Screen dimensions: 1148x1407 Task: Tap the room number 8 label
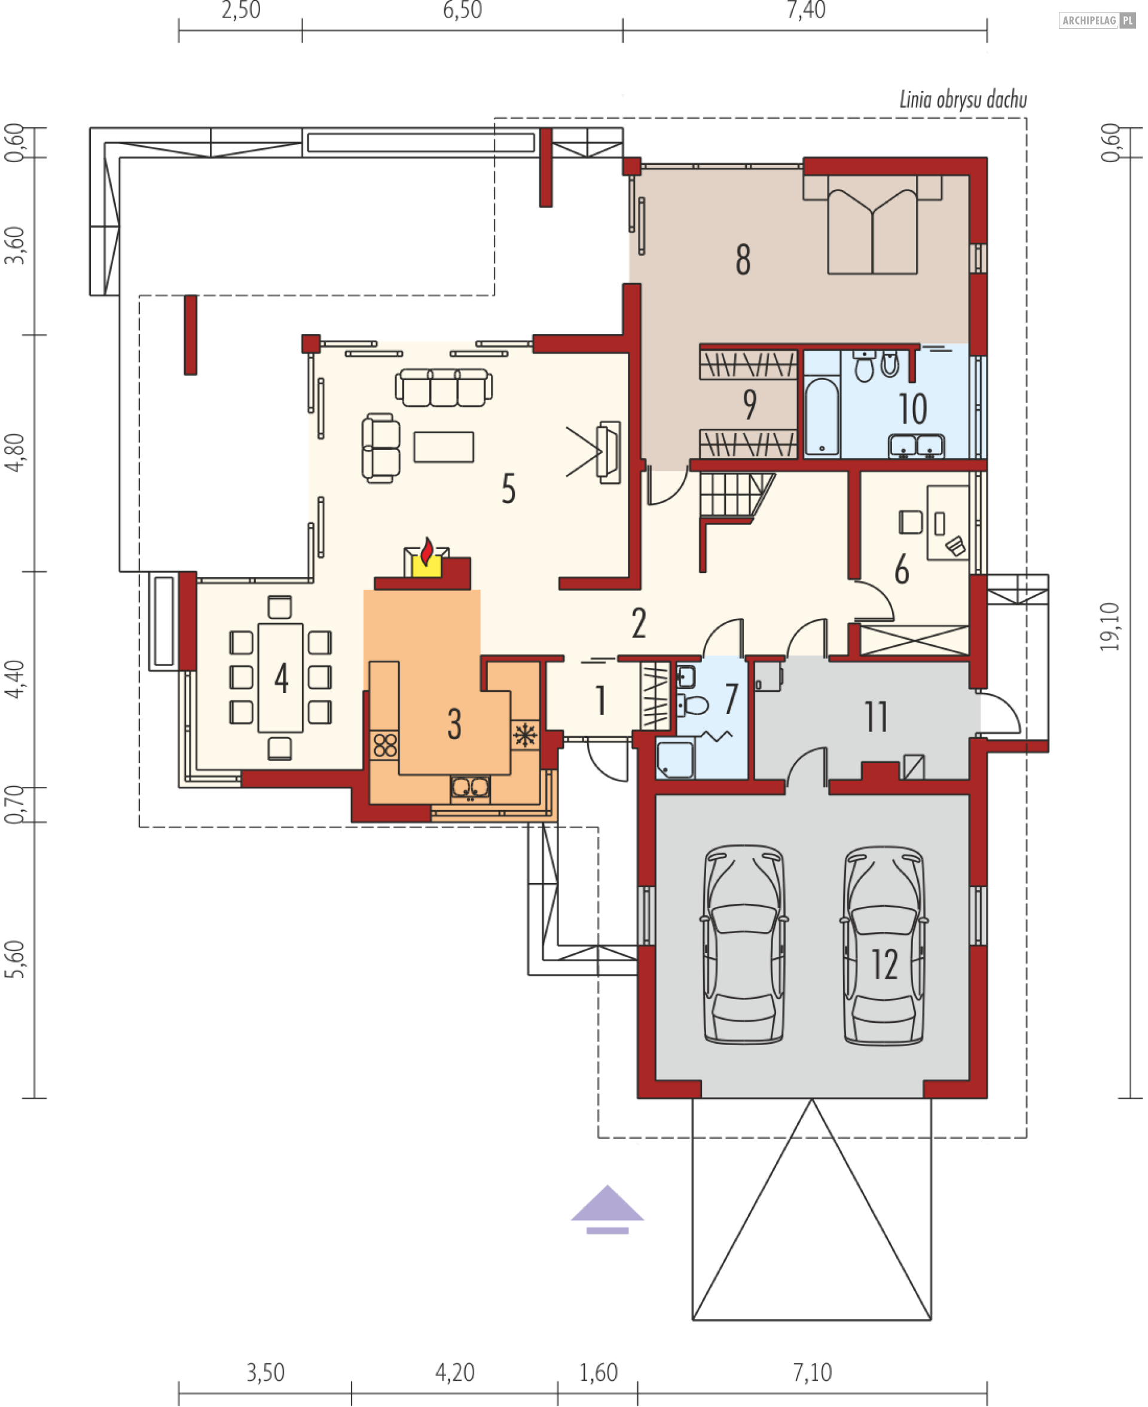tap(743, 259)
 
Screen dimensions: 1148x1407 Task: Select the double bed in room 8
tap(872, 225)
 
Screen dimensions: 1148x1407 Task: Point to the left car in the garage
tap(744, 945)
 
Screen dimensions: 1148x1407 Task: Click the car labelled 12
tap(884, 946)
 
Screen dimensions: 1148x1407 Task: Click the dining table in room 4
tap(280, 678)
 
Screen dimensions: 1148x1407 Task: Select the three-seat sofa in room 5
tap(444, 387)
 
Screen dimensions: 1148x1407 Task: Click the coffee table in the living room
tap(444, 447)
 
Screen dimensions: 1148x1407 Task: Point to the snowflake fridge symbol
tap(525, 735)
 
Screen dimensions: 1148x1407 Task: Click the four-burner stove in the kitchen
tap(384, 745)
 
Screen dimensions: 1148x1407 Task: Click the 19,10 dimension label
tap(1111, 627)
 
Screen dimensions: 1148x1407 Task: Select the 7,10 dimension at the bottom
tap(812, 1372)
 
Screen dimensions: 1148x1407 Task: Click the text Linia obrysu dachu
tap(963, 100)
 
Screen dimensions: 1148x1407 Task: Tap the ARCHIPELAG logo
tap(1097, 20)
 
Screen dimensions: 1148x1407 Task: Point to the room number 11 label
tap(876, 716)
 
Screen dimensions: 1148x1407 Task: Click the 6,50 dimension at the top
tap(462, 11)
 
